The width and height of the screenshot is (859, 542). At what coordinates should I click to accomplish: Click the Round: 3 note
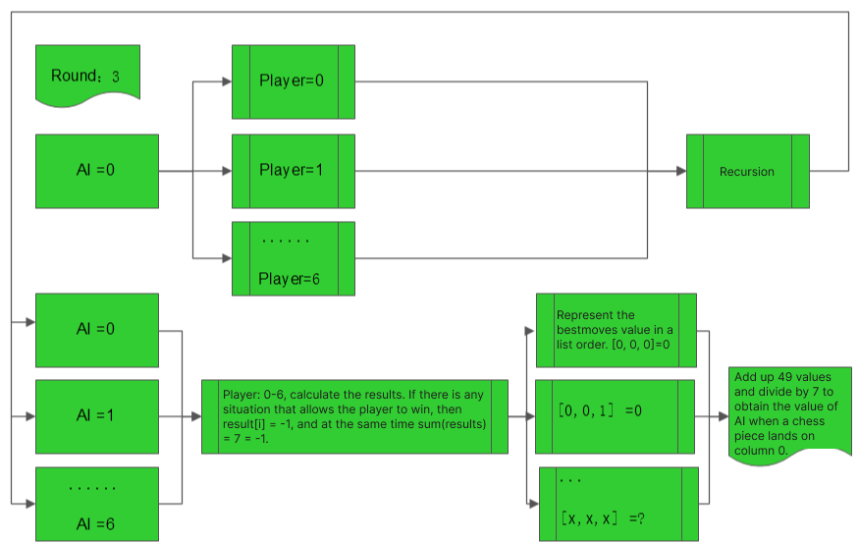tap(87, 73)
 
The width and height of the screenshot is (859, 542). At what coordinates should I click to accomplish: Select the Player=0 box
tap(293, 81)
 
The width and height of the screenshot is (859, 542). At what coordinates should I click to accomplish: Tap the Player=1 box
tap(293, 171)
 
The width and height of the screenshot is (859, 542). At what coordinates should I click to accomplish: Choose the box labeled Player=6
tap(293, 258)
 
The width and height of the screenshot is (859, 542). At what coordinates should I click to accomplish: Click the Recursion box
tap(747, 171)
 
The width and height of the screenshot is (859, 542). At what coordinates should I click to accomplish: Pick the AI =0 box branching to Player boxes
tap(96, 171)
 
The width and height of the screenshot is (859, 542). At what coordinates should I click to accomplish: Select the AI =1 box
tap(96, 415)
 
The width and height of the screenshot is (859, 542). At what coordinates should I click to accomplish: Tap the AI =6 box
tap(96, 504)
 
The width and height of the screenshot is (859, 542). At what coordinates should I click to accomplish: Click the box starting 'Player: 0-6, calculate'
tap(354, 416)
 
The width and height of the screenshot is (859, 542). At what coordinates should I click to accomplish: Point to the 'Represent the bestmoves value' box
tap(616, 330)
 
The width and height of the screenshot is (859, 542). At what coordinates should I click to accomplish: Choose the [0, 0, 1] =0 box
tap(616, 416)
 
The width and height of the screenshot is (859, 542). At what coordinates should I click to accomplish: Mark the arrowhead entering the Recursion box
tap(680, 171)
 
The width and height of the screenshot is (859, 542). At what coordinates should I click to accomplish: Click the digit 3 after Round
tap(116, 76)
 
